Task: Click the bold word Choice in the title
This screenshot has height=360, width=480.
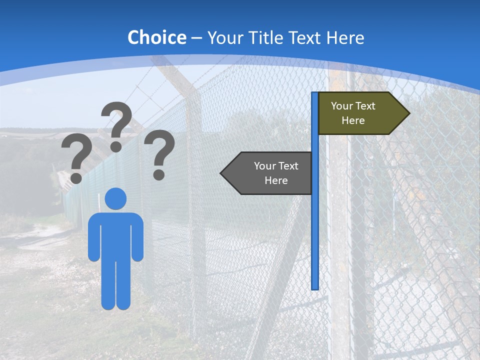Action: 156,37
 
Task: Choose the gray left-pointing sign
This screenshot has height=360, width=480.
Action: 270,173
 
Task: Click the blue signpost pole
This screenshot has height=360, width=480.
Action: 315,225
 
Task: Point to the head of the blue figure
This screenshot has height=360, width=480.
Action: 115,198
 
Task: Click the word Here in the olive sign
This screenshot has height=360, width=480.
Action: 353,120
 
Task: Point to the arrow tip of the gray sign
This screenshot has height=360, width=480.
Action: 223,173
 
